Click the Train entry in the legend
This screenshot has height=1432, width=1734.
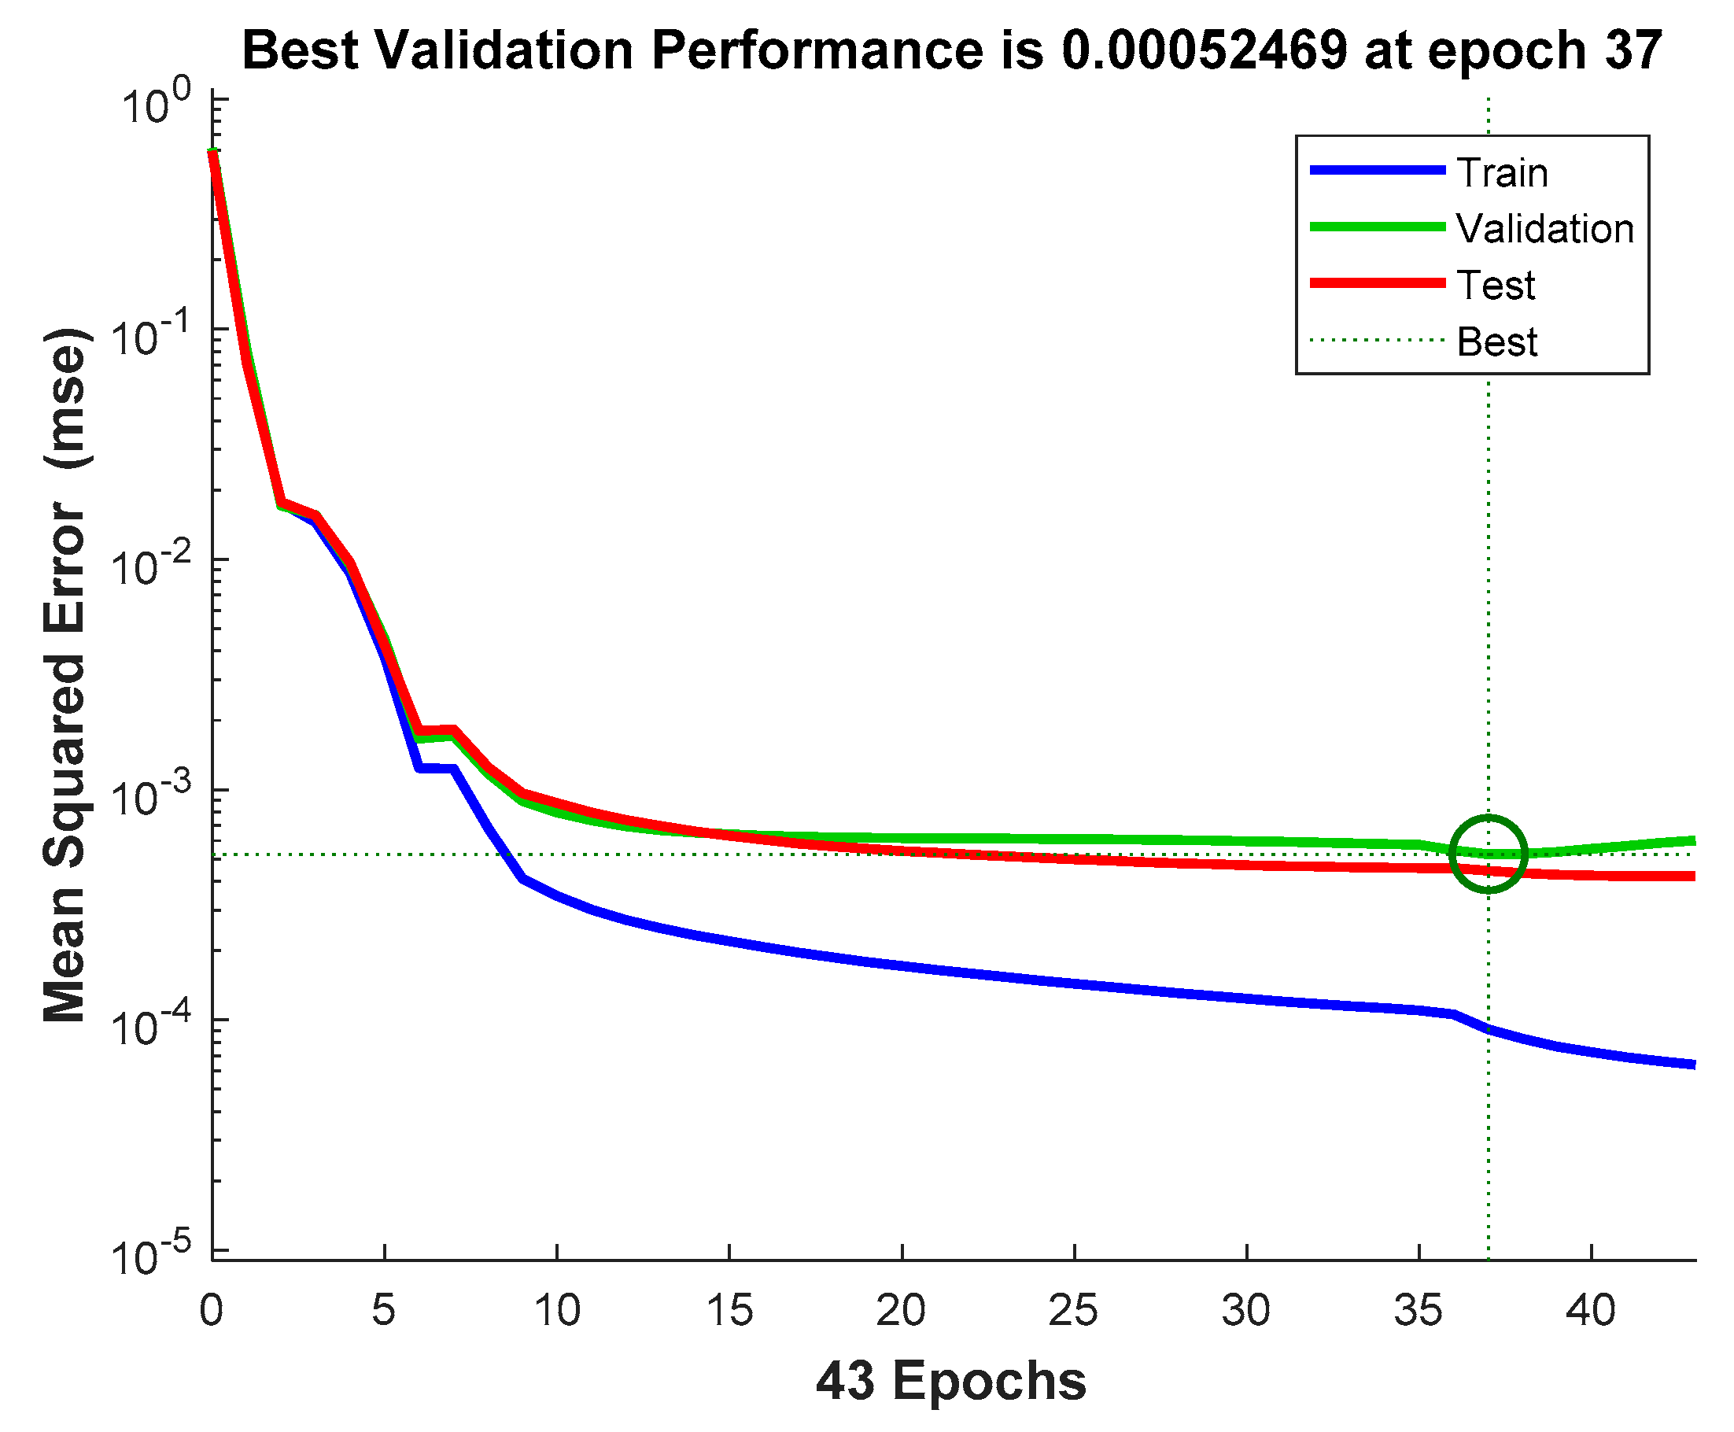pos(1500,173)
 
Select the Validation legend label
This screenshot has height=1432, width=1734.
pos(1544,228)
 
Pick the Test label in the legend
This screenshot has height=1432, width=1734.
pos(1494,286)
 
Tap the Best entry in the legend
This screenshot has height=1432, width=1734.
pos(1496,341)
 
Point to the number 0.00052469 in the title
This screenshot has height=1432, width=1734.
pos(1204,50)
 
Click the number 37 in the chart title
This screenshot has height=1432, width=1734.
pos(1633,50)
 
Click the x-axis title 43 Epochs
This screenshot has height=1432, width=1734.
pos(950,1381)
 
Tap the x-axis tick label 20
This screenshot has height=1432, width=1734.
pos(900,1311)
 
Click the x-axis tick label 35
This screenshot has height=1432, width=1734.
pos(1417,1311)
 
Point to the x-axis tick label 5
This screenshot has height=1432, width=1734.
pos(384,1311)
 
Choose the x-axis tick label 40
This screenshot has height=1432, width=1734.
pos(1590,1311)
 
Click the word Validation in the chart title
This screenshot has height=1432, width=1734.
pos(504,50)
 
